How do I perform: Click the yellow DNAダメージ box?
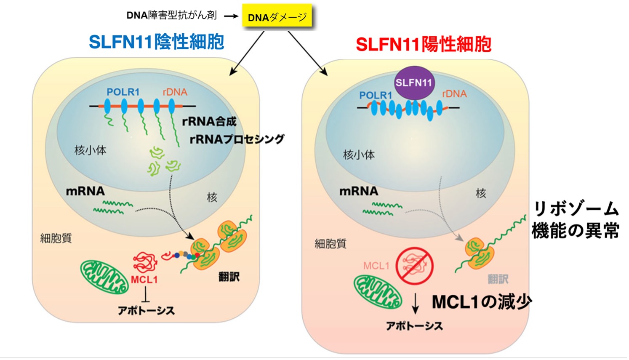(277, 17)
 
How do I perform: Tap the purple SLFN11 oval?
(414, 83)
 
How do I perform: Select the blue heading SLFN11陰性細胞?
(156, 42)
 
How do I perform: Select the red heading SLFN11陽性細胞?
(424, 44)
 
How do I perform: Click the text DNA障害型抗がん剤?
(172, 16)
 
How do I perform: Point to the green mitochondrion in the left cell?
(104, 276)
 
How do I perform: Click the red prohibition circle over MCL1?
(414, 266)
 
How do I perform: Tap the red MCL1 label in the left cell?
(144, 280)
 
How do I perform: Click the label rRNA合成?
(209, 122)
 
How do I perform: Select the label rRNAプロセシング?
(237, 139)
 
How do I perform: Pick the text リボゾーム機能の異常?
(575, 220)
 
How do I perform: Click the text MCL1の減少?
(482, 301)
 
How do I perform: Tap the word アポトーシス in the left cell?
(146, 311)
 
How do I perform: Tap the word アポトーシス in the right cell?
(414, 326)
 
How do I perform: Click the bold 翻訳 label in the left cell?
(229, 277)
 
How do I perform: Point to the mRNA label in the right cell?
(359, 191)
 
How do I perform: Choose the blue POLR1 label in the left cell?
(123, 92)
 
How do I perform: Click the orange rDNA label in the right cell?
(454, 94)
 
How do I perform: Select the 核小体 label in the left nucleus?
(90, 150)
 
